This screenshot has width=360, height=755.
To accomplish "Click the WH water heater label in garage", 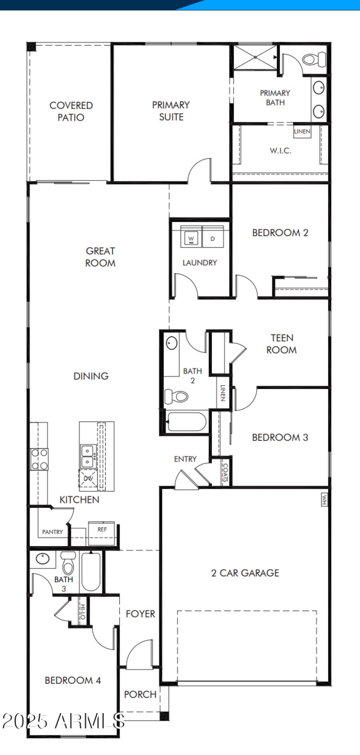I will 324,499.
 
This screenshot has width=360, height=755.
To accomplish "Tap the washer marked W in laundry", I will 191,238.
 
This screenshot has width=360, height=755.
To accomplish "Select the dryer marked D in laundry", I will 213,238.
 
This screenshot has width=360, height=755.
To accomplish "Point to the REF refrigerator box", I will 102,529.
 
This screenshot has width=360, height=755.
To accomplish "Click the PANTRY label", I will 53,532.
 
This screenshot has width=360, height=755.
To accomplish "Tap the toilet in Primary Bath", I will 315,59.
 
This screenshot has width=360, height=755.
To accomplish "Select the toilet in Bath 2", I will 176,397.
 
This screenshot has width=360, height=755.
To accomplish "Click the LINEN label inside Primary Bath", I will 302,131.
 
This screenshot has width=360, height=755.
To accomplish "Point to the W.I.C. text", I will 280,151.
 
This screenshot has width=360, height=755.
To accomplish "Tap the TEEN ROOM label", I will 282,344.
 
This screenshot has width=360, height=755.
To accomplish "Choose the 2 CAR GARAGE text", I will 245,573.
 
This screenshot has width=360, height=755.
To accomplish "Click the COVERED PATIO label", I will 71,111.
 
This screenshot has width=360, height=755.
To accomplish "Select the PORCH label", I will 140,694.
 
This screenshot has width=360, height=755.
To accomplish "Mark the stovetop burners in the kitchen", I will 39,460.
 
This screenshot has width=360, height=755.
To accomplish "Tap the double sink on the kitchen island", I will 87,456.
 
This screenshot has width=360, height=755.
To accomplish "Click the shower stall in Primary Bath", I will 255,57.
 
